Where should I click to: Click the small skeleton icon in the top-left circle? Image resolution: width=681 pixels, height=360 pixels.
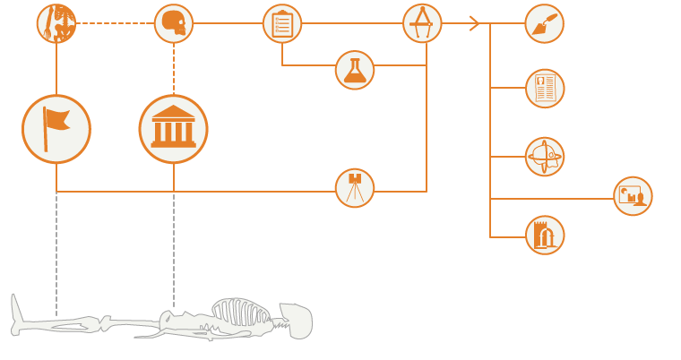point(56,23)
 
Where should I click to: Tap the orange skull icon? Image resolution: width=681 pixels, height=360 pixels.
point(174,23)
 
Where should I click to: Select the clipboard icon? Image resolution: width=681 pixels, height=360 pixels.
point(282,23)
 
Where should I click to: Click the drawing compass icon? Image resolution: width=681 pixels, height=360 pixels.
point(422,23)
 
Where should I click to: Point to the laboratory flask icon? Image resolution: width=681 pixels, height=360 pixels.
point(355,70)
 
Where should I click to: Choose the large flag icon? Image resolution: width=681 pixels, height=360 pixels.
point(56,129)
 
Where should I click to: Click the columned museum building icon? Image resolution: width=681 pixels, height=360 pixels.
point(174,129)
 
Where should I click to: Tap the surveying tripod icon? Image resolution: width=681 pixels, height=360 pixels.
point(355,188)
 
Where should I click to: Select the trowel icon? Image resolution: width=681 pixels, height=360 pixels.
point(544,23)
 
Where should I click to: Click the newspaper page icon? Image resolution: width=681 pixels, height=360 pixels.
point(545,89)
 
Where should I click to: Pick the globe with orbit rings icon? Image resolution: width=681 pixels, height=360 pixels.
point(545,157)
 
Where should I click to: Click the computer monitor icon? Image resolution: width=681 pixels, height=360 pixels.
point(633,196)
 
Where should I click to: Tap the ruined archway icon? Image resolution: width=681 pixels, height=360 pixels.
point(545,235)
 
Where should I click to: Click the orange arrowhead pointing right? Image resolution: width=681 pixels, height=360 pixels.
point(475,23)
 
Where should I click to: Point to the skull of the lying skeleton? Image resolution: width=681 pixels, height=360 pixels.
point(297,321)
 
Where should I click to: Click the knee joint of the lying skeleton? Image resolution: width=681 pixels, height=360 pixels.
point(106,322)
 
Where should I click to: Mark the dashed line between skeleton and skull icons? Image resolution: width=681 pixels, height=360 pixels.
point(115,23)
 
